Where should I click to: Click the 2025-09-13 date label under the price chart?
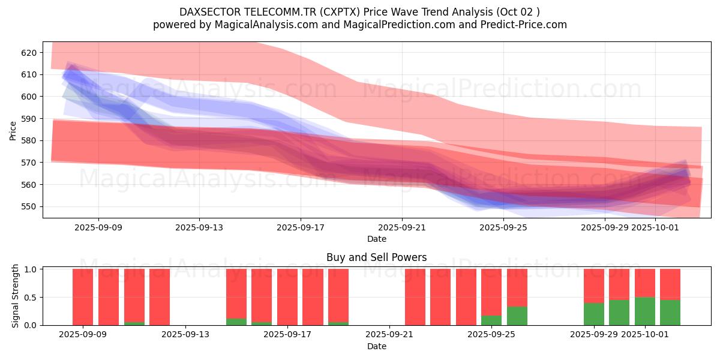pos(199,228)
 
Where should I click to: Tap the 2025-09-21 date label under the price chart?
pos(401,228)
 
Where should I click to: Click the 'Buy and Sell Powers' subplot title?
pos(376,257)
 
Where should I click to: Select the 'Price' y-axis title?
pos(13,130)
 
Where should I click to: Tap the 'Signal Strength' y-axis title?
pos(16,296)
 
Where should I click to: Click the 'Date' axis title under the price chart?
pos(376,239)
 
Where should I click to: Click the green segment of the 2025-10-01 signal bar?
pos(644,311)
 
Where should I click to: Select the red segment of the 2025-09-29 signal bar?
pos(593,286)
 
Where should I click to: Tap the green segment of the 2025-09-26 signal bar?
pos(517,316)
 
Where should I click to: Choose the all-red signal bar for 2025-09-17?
pos(287,297)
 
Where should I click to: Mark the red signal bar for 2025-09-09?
pos(83,297)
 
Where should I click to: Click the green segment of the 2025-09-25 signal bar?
pos(491,320)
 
